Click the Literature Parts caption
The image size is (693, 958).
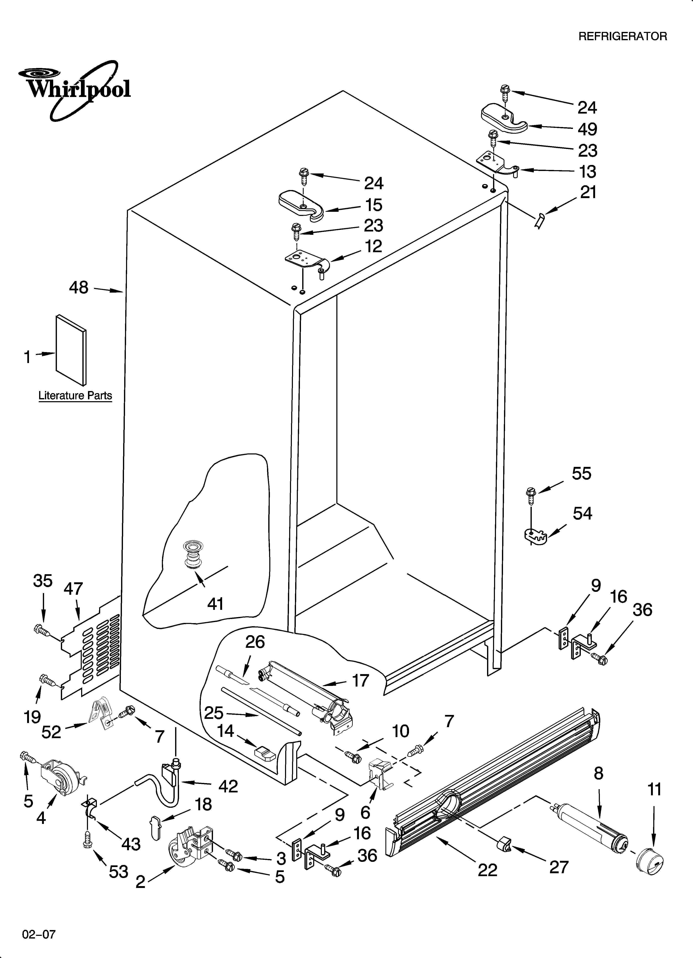point(75,396)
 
